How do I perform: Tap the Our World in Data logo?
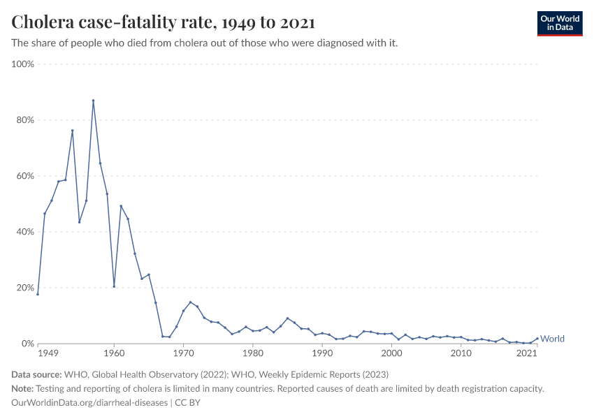(x=560, y=23)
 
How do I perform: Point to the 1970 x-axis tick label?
(x=183, y=353)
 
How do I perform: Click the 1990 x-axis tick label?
(x=322, y=353)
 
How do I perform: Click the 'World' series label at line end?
(x=552, y=339)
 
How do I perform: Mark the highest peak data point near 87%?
(x=93, y=101)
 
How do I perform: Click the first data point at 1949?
(x=38, y=294)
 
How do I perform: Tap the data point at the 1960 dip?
(x=114, y=286)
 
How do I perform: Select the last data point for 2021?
(x=537, y=339)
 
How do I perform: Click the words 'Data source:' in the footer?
(x=37, y=375)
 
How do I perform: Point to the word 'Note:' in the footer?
(x=24, y=389)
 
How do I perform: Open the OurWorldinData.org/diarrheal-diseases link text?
(x=89, y=403)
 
